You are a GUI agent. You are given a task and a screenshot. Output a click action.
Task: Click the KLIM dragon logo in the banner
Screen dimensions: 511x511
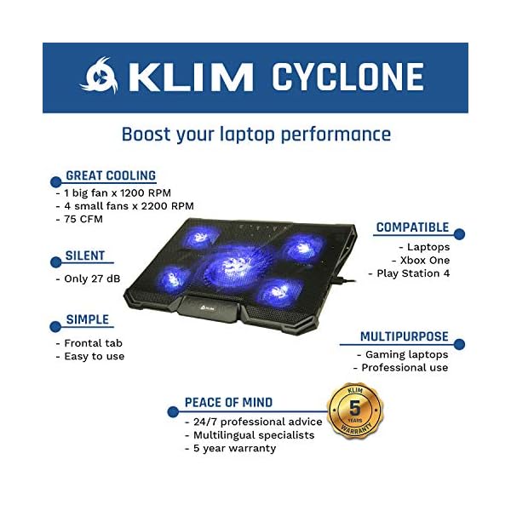click(x=99, y=77)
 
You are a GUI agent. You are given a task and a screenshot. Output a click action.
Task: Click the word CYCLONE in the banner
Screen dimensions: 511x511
click(x=347, y=78)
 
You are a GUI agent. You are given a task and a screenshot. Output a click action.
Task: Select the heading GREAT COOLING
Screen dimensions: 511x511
click(x=111, y=176)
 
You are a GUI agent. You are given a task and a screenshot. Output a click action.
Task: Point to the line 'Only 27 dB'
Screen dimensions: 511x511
click(x=93, y=278)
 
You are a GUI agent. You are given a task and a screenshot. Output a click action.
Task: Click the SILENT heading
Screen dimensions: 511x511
click(x=85, y=255)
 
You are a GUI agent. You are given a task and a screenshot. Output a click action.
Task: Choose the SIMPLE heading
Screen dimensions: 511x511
click(x=88, y=320)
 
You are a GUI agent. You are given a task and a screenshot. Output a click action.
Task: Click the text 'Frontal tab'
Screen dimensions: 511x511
click(x=94, y=342)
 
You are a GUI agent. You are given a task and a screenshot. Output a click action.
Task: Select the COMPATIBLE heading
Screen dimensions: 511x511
click(x=412, y=227)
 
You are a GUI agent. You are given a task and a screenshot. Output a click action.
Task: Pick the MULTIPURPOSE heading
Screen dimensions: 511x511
click(x=404, y=337)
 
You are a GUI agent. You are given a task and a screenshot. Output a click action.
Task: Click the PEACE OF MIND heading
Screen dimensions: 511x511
click(x=228, y=402)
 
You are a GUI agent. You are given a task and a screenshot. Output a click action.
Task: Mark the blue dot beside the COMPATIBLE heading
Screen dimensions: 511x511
click(x=459, y=234)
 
